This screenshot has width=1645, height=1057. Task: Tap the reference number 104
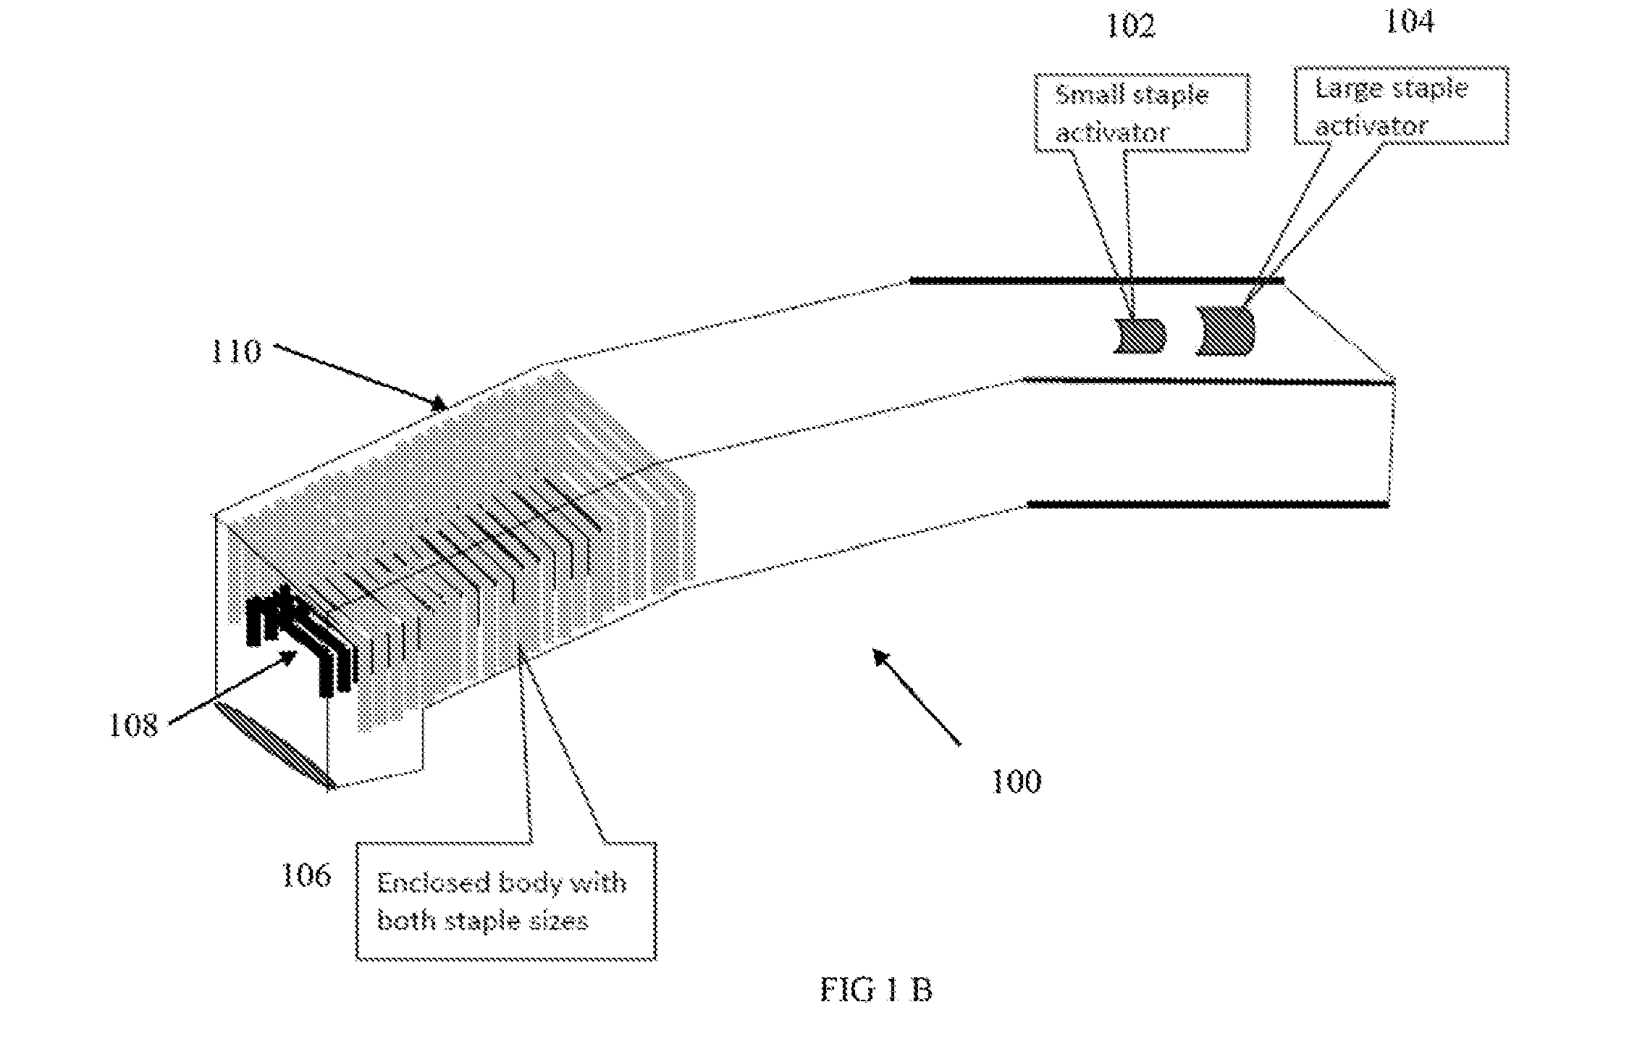[x=1410, y=22]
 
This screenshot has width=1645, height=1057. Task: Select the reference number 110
[x=235, y=352]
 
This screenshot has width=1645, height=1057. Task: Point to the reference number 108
[x=133, y=724]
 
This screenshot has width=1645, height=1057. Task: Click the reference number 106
[x=306, y=876]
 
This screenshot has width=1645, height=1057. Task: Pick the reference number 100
[x=1016, y=782]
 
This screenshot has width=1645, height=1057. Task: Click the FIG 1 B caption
[x=876, y=990]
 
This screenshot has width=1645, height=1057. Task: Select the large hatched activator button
[x=1225, y=330]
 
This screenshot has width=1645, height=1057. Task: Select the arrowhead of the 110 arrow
[x=437, y=402]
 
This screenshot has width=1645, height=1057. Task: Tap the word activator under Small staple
[x=1112, y=133]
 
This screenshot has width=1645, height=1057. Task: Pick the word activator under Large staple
[x=1372, y=126]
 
